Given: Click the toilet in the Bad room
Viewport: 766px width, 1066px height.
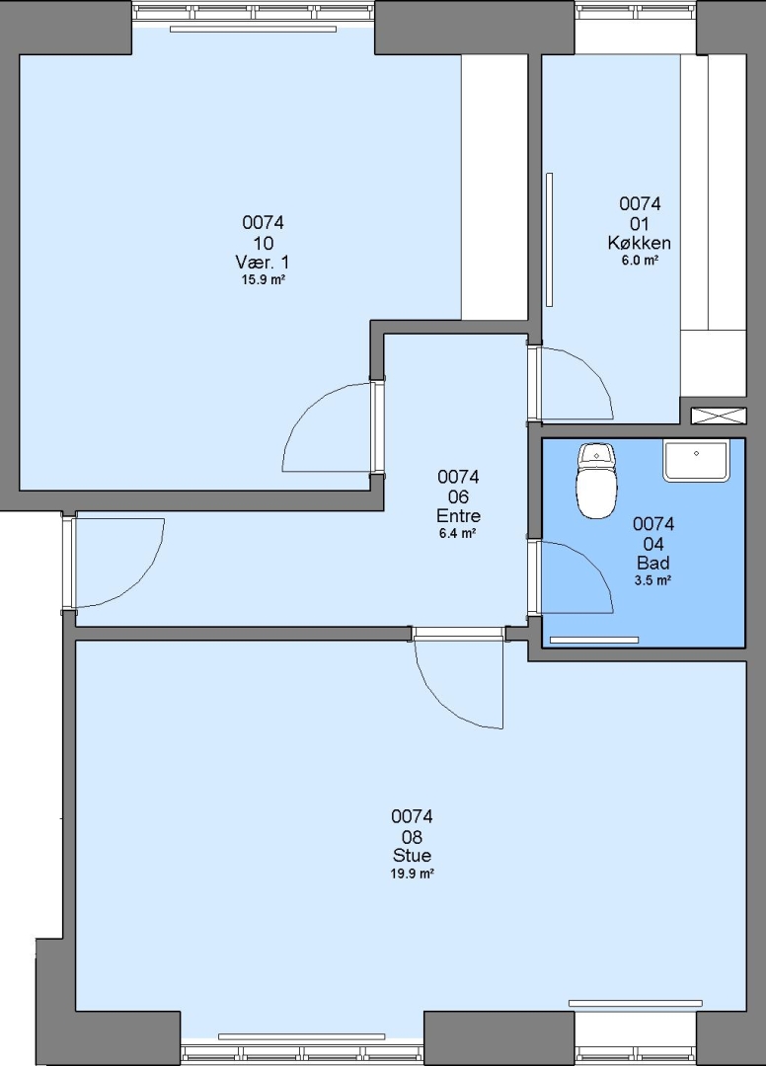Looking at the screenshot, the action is click(x=597, y=481).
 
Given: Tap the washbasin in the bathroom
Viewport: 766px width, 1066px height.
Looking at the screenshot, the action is click(x=695, y=460).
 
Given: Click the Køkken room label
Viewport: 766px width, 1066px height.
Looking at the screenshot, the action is click(x=640, y=243).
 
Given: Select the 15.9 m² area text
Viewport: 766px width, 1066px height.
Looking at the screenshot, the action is click(x=263, y=279).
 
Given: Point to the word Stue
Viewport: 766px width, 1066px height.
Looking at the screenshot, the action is click(x=412, y=855).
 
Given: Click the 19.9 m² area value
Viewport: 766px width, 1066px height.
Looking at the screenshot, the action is click(x=412, y=874).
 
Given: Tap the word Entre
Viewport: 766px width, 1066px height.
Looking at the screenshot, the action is click(x=458, y=515).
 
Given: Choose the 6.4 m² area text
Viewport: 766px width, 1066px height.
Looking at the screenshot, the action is click(x=457, y=534).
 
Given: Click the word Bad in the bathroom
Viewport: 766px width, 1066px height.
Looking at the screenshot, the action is click(x=653, y=563).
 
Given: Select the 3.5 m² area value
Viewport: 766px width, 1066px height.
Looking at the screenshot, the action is click(x=653, y=580).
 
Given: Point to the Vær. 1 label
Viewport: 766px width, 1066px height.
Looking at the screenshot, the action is click(x=263, y=262).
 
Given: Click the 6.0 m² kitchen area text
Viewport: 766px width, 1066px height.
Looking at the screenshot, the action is click(x=640, y=260).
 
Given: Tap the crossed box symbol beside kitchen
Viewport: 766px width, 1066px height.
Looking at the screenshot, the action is click(x=719, y=416).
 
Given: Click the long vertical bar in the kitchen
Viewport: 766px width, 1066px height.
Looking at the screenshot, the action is click(x=549, y=240).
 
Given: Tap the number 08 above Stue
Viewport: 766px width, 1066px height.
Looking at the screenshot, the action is click(x=412, y=836).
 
